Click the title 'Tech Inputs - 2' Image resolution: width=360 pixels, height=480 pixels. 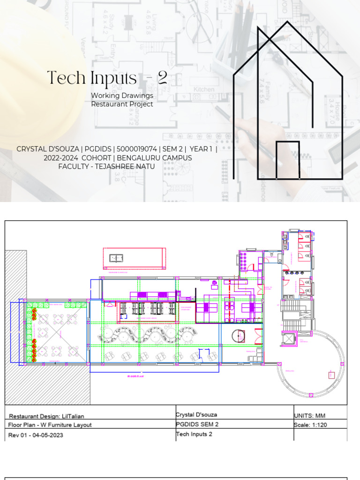click(107, 78)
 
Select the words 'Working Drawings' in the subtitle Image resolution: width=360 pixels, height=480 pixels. click(122, 96)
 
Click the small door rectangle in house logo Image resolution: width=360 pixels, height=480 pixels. click(287, 160)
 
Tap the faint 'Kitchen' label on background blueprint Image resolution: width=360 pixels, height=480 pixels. click(204, 89)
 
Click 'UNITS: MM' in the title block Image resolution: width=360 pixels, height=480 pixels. click(309, 415)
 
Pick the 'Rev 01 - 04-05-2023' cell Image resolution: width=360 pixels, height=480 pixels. click(36, 435)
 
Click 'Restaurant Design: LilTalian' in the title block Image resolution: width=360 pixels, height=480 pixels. click(47, 416)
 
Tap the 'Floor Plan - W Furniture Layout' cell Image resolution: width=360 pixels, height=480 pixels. click(50, 425)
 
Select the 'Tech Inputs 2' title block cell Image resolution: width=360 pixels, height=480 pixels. click(194, 434)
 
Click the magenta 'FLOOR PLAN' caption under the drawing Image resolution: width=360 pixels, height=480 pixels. click(136, 376)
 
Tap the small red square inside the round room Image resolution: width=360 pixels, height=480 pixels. click(331, 375)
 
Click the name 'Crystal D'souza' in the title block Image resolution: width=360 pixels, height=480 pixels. click(196, 415)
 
